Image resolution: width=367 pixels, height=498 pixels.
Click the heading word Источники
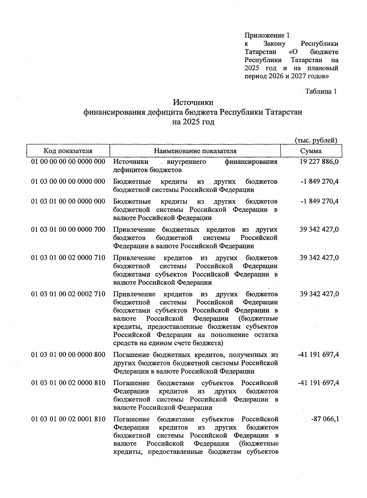pyautogui.click(x=193, y=102)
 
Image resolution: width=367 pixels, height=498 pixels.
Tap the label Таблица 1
pyautogui.click(x=321, y=91)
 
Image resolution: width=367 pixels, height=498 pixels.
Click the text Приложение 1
pyautogui.click(x=267, y=35)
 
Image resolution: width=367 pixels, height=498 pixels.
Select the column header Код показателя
pyautogui.click(x=68, y=151)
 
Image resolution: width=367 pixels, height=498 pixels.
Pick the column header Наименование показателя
pyautogui.click(x=195, y=151)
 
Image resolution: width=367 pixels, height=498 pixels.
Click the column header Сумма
pyautogui.click(x=311, y=151)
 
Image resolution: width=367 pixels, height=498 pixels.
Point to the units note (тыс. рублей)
pyautogui.click(x=316, y=140)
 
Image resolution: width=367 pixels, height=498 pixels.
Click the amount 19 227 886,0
pyautogui.click(x=319, y=161)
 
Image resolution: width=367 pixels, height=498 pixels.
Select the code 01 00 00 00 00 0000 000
pyautogui.click(x=68, y=161)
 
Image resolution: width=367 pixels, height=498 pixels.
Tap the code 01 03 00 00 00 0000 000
pyautogui.click(x=68, y=182)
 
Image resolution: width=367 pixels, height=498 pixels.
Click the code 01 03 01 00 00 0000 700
pyautogui.click(x=68, y=230)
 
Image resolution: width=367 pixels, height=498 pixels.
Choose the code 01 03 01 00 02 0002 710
pyautogui.click(x=68, y=294)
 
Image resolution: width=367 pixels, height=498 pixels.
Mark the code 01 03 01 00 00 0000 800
pyautogui.click(x=68, y=355)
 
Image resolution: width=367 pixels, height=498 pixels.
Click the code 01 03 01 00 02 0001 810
pyautogui.click(x=68, y=419)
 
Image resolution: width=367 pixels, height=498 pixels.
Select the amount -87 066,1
pyautogui.click(x=325, y=419)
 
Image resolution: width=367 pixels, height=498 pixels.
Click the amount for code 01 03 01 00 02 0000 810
pyautogui.click(x=318, y=383)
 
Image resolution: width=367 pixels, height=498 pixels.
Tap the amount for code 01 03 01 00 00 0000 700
pyautogui.click(x=319, y=230)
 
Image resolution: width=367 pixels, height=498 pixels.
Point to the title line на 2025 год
pyautogui.click(x=193, y=122)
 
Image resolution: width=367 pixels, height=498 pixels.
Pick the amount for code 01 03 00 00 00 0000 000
pyautogui.click(x=320, y=182)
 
